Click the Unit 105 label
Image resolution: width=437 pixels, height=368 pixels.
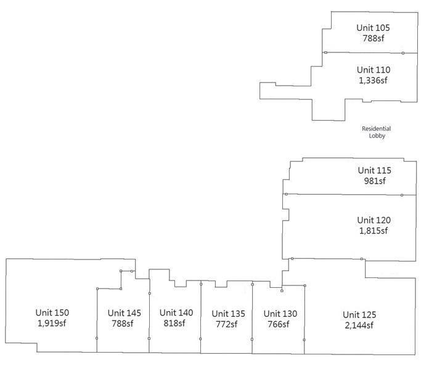373,28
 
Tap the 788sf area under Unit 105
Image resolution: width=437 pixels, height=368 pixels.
373,38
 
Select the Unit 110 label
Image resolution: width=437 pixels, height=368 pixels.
373,70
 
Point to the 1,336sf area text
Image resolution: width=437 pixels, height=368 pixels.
373,80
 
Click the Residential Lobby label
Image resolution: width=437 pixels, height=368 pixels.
376,132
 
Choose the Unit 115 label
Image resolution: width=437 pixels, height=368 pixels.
374,170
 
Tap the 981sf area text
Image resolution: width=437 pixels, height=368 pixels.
374,181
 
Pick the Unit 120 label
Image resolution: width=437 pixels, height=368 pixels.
374,220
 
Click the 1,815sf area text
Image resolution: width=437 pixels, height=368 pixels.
374,231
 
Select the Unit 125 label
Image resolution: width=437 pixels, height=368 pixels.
359,315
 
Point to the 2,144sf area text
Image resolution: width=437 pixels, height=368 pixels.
359,325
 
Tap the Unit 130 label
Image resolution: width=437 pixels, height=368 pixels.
280,314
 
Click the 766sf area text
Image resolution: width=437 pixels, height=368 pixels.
280,324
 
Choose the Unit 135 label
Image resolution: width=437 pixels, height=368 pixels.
228,314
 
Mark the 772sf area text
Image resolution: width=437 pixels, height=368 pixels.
228,324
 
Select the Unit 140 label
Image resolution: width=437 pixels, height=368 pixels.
176,313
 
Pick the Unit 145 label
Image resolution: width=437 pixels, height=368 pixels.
124,313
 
